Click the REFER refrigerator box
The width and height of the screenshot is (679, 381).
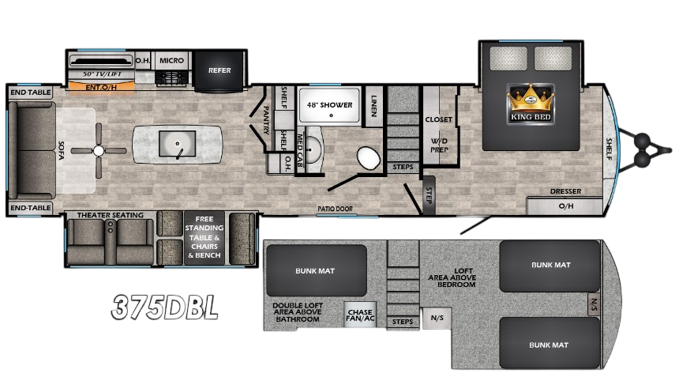pos(219,70)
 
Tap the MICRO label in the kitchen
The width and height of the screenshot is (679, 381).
pos(171,60)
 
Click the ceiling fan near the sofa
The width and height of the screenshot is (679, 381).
pos(99,150)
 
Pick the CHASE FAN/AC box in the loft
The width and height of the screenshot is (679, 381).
pos(360,315)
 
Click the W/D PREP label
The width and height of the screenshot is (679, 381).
pos(438,145)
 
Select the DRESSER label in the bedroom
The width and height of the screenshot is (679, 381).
pos(566,191)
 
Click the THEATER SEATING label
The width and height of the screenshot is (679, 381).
pos(110,215)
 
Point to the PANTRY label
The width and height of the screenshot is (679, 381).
pos(265,119)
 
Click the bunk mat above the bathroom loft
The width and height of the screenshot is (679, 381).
pos(316,270)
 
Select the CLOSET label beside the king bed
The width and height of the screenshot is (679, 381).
pos(438,120)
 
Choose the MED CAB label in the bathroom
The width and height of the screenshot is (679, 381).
pos(300,145)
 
